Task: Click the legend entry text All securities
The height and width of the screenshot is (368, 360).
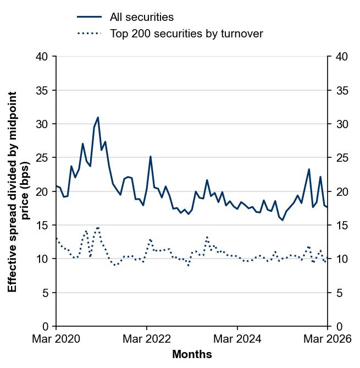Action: point(141,17)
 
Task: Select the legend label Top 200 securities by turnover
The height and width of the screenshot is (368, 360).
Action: point(186,34)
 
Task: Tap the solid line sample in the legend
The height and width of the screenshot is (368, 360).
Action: point(89,17)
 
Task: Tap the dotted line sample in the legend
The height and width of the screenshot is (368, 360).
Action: point(89,34)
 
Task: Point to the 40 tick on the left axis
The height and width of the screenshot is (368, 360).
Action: point(42,56)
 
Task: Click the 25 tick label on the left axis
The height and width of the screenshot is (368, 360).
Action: point(42,157)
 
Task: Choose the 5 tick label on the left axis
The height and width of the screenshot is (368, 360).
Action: point(45,293)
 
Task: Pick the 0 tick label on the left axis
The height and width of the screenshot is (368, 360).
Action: point(45,326)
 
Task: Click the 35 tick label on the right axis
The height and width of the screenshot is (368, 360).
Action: point(341,90)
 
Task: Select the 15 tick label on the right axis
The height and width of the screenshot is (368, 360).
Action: point(341,225)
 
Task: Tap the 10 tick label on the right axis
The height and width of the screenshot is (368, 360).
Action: point(341,259)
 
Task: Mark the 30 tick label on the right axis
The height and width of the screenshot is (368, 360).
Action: point(341,124)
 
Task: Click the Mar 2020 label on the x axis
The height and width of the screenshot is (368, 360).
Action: point(56,339)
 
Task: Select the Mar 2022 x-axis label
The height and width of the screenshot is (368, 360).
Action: point(147,339)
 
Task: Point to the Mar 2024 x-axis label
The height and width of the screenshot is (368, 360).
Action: point(237,339)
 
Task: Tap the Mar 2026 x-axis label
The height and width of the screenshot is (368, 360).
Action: point(328,339)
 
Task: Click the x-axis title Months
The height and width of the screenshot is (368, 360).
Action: point(192,354)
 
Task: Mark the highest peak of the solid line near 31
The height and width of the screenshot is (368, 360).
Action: point(98,117)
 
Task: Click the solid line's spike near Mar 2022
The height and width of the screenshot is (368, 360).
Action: point(151,157)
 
